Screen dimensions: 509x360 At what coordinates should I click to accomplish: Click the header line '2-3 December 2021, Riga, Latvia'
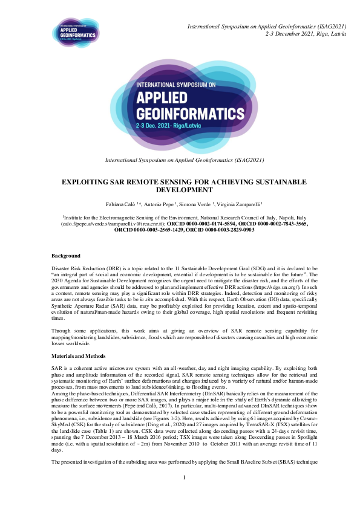pos(306,34)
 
